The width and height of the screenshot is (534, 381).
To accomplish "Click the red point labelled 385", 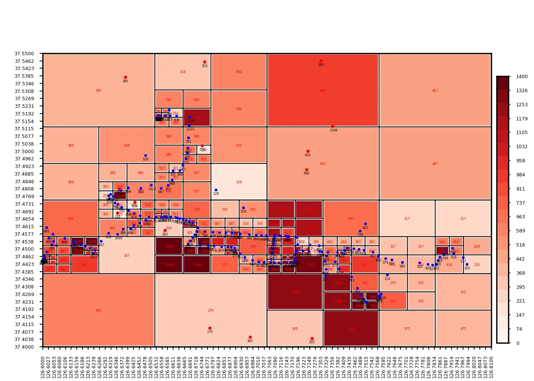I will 125,77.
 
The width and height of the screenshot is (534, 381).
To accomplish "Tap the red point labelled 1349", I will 333,126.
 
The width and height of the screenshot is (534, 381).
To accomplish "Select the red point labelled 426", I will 308,151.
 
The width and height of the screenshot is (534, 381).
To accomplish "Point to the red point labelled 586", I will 307,170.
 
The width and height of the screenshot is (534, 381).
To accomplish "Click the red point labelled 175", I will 210,328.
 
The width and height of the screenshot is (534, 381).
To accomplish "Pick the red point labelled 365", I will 250,337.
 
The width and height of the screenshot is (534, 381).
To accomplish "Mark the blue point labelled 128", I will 216,190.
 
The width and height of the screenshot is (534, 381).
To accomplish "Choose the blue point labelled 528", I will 146,155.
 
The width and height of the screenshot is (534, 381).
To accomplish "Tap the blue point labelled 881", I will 47,228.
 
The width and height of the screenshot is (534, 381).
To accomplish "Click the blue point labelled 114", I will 388,275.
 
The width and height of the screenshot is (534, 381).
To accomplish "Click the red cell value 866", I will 323,91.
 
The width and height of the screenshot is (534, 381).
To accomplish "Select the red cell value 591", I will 98,311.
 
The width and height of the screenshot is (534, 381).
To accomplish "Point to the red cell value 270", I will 211,311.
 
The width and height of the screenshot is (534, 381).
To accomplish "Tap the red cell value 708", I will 71,219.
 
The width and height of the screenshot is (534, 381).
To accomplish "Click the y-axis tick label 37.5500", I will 24,54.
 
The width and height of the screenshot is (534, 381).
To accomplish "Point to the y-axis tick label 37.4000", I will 24,347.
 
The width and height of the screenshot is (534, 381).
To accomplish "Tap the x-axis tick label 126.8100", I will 491,367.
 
